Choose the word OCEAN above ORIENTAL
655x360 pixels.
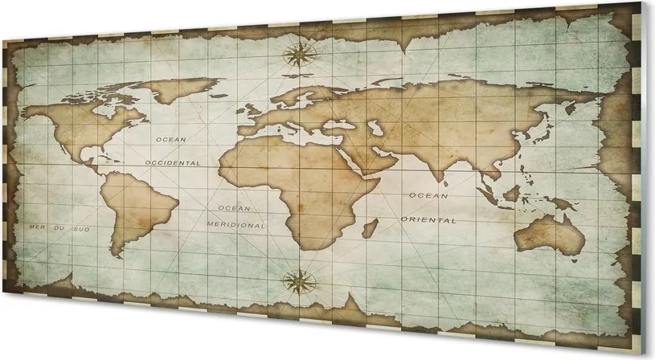click(428, 195)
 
